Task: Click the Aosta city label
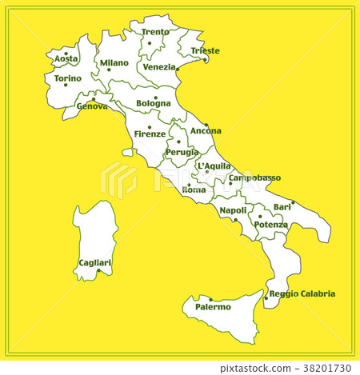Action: (66, 58)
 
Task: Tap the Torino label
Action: (67, 78)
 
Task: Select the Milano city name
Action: (114, 62)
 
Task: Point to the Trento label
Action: (155, 32)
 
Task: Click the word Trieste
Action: (205, 50)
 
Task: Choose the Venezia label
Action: (159, 67)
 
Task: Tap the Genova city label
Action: (92, 106)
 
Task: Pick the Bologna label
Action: (154, 102)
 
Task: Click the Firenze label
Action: (150, 134)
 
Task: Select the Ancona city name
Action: (206, 130)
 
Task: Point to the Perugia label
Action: (182, 151)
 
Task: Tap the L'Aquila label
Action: (213, 166)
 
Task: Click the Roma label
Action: (194, 189)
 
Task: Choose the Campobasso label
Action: (254, 178)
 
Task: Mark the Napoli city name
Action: (233, 210)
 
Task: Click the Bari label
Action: (282, 207)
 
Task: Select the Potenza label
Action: (270, 225)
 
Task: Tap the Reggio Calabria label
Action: (302, 293)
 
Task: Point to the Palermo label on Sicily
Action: (213, 306)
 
